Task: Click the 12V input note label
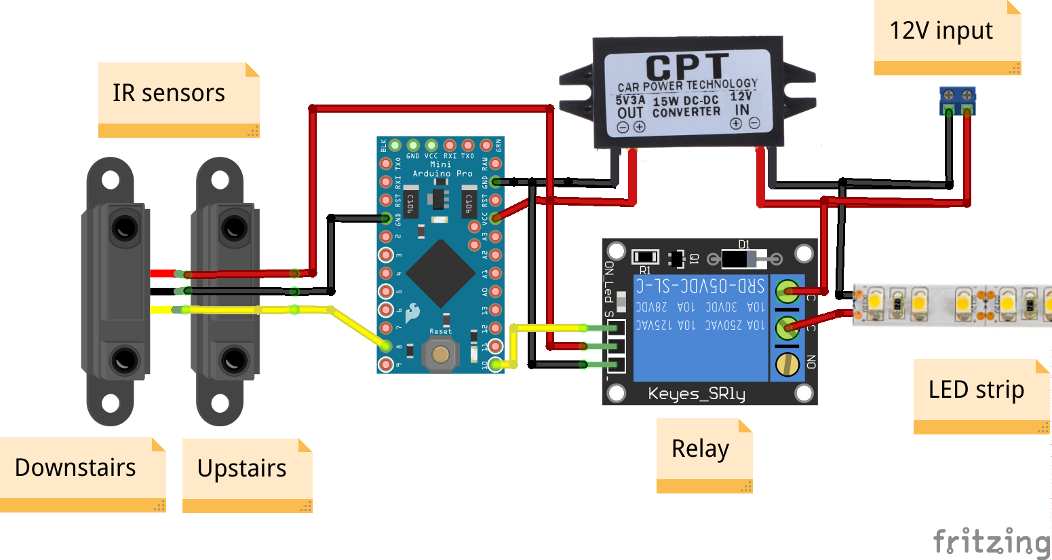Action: pyautogui.click(x=941, y=31)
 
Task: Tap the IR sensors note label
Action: pyautogui.click(x=169, y=93)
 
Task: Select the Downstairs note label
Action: pyautogui.click(x=75, y=468)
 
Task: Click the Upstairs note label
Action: pyautogui.click(x=242, y=468)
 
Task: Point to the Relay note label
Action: pyautogui.click(x=700, y=449)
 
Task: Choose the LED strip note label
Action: pyautogui.click(x=976, y=390)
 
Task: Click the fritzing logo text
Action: pyautogui.click(x=991, y=542)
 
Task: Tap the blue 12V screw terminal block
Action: pyautogui.click(x=957, y=100)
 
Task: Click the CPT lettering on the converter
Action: pyautogui.click(x=686, y=67)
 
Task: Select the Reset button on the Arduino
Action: pyautogui.click(x=440, y=354)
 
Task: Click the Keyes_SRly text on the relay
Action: pyautogui.click(x=697, y=394)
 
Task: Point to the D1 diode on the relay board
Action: pyautogui.click(x=744, y=258)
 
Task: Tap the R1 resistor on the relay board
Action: pyautogui.click(x=645, y=257)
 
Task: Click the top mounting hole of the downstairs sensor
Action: pyautogui.click(x=110, y=181)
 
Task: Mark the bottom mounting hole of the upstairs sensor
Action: pyautogui.click(x=220, y=403)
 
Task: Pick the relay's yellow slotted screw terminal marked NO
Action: pyautogui.click(x=787, y=364)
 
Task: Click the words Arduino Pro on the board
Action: pyautogui.click(x=442, y=174)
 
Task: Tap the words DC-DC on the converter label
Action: pyautogui.click(x=700, y=100)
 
